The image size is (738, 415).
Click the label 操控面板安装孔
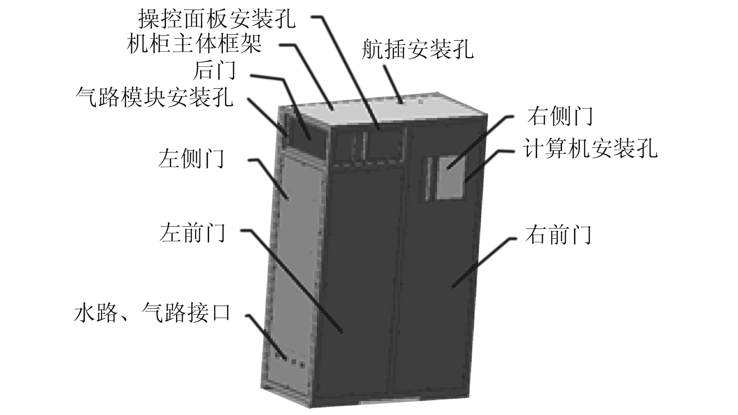point(217,19)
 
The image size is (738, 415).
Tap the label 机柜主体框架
point(194,45)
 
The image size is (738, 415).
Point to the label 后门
point(214,70)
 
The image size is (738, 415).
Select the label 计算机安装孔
point(590,149)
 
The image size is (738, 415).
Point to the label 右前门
point(558,235)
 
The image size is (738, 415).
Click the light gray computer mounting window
point(449,178)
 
